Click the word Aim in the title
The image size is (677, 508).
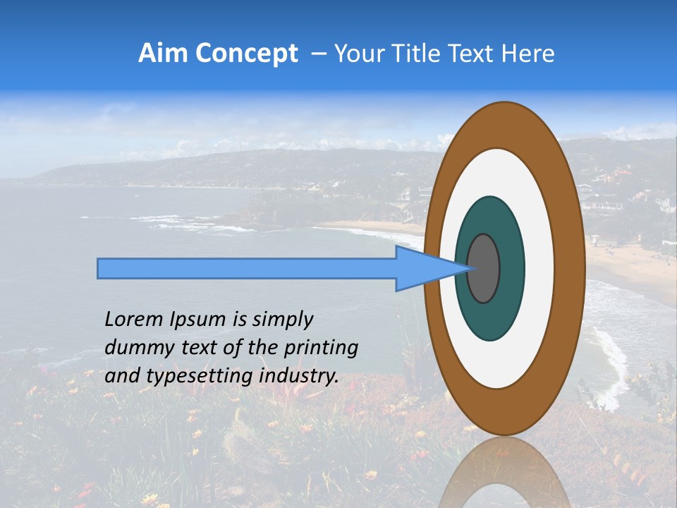(162, 54)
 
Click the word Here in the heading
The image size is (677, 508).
(529, 54)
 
